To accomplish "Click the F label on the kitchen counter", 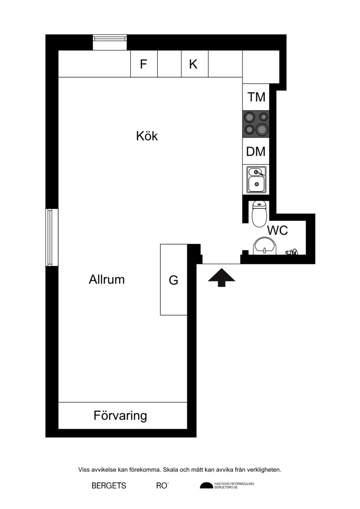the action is tap(144, 64).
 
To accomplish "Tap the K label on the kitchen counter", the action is tap(193, 64).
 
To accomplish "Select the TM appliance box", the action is tap(256, 97).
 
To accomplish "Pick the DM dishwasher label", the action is tap(256, 151).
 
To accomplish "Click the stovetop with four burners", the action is tap(256, 124).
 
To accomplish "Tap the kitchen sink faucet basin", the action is tap(256, 179).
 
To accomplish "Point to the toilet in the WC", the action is tap(259, 214).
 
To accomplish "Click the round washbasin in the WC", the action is tap(265, 246).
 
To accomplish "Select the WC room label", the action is tap(277, 230).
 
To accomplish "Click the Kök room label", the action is tap(147, 136).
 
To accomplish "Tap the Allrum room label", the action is tap(107, 279).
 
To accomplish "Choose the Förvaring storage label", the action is tap(120, 415).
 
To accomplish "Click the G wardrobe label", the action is tap(174, 280).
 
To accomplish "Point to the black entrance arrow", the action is tap(221, 278).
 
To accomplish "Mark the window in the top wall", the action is tap(110, 42).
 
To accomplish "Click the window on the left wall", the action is tap(52, 237).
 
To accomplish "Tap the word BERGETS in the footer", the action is tap(109, 486).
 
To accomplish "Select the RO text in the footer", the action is tap(162, 486).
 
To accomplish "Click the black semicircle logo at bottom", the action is tap(206, 485).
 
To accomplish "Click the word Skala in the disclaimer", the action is tap(171, 469).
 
